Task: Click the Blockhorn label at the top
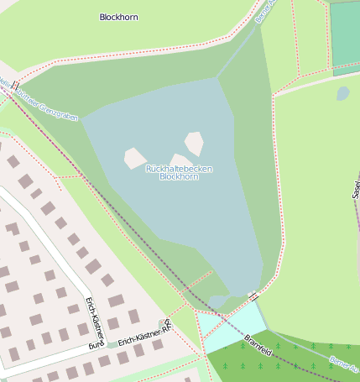coord(118,17)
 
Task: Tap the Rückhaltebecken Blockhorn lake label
coord(179,173)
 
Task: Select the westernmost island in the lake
coord(134,158)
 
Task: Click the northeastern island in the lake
coord(194,143)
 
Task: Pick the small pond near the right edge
coord(342,93)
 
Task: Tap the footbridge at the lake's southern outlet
coord(253,295)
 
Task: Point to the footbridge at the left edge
coord(14,85)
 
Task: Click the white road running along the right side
coord(319,80)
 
